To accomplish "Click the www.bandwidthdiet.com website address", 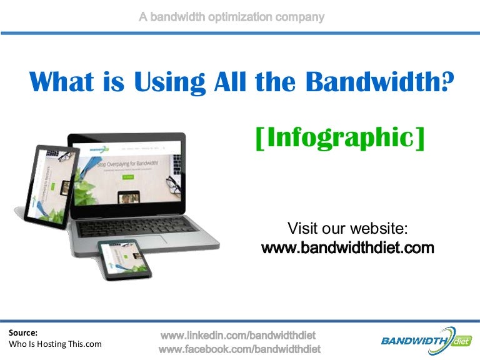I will pyautogui.click(x=347, y=248).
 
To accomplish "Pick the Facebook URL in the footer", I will pyautogui.click(x=240, y=348).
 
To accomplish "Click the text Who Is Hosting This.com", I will pyautogui.click(x=56, y=344).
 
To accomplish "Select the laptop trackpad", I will pyautogui.click(x=145, y=239).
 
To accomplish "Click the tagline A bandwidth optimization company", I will pyautogui.click(x=231, y=17).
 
